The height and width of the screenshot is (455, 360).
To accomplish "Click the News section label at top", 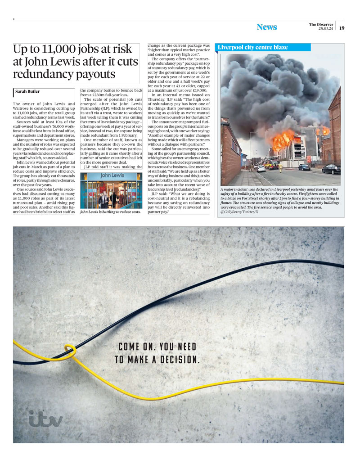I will pyautogui.click(x=267, y=27).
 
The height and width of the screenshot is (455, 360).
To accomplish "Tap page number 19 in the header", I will pyautogui.click(x=342, y=28).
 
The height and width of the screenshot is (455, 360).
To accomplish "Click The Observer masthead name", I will pyautogui.click(x=321, y=24).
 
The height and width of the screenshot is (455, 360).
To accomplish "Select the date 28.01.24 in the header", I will pyautogui.click(x=325, y=29).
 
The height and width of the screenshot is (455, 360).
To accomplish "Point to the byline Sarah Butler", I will pyautogui.click(x=27, y=92).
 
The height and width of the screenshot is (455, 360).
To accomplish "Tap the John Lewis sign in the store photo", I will pyautogui.click(x=111, y=175).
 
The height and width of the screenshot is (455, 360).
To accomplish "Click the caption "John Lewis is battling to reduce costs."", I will pyautogui.click(x=110, y=212).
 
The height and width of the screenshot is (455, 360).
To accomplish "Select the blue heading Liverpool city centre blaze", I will pyautogui.click(x=252, y=47).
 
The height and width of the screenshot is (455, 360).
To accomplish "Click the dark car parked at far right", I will pyautogui.click(x=331, y=169).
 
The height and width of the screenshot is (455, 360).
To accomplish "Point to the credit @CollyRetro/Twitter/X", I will pyautogui.click(x=239, y=212).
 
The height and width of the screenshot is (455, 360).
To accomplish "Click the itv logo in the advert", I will pyautogui.click(x=45, y=419).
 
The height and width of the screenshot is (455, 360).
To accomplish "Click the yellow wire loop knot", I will pyautogui.click(x=70, y=351).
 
